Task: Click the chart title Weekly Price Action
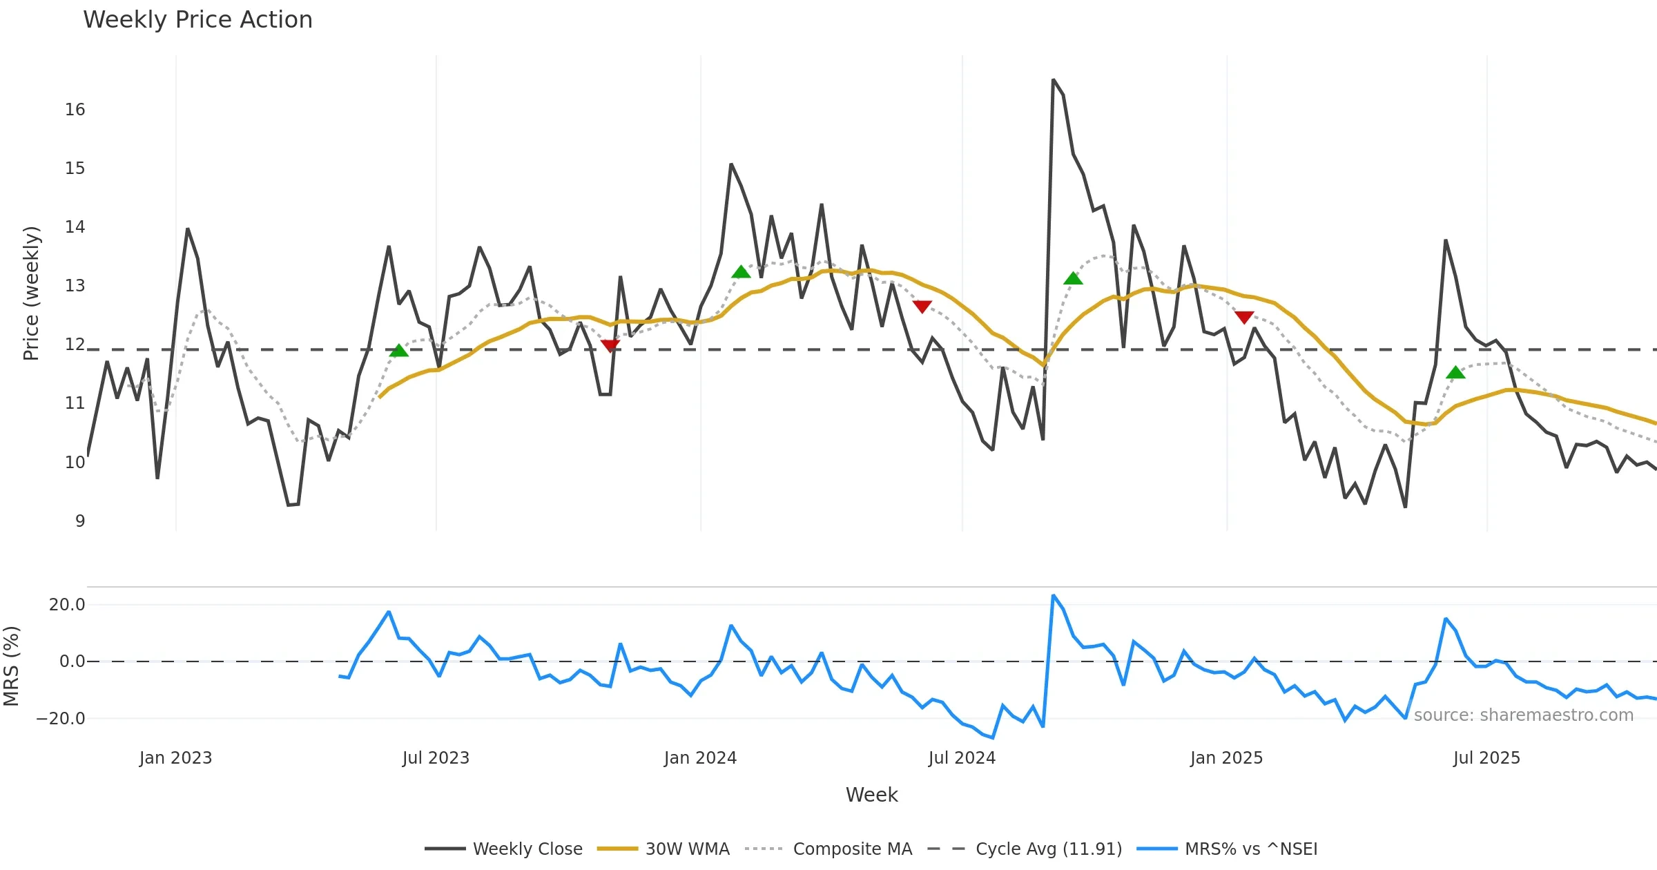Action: [197, 20]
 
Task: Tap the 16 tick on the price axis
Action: [75, 110]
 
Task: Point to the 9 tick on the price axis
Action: [80, 521]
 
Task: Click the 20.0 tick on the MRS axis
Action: [67, 605]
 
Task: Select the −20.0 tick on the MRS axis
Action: [61, 719]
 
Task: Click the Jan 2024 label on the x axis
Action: [700, 758]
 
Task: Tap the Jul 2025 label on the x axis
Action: [1486, 758]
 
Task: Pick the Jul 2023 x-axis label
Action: [436, 758]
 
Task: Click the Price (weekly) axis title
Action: [31, 293]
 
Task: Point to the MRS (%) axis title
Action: [12, 666]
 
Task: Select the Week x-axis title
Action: [871, 795]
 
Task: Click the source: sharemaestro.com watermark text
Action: [1523, 715]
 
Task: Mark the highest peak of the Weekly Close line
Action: [1053, 80]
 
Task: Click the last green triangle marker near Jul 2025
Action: [1455, 373]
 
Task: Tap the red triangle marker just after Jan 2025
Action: [1243, 318]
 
